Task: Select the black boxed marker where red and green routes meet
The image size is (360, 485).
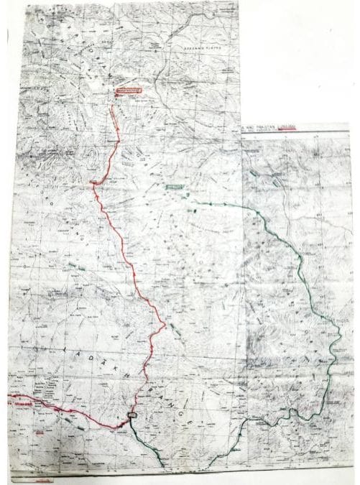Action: tap(131, 417)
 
